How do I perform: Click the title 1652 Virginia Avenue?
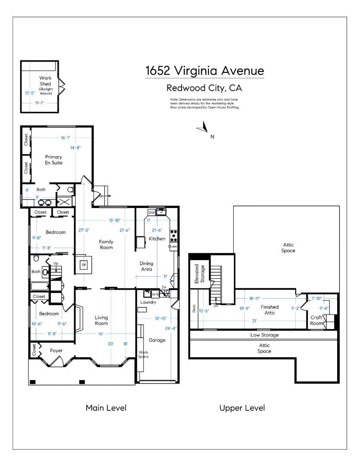(205, 71)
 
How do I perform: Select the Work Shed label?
(45, 81)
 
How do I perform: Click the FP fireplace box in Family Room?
(84, 265)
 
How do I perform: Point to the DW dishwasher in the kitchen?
(151, 212)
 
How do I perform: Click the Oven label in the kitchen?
(172, 246)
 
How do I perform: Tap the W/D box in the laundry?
(155, 295)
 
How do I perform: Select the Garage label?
(157, 340)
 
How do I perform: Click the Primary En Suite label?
(54, 160)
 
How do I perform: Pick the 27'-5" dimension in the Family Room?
(84, 230)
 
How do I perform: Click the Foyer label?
(56, 351)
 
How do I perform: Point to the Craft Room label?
(316, 320)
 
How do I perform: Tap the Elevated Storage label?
(199, 274)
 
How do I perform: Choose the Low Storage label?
(264, 335)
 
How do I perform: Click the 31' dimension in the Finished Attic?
(254, 321)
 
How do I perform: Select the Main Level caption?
(106, 408)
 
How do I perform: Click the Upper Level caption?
(242, 408)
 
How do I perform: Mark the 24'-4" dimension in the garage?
(171, 328)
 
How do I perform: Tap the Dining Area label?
(147, 266)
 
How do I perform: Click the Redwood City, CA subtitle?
(204, 88)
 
